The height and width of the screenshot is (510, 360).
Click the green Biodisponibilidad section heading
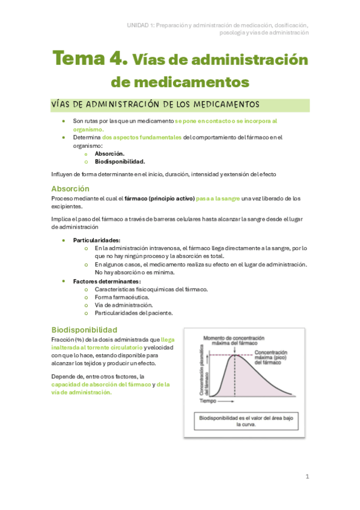tap(84, 330)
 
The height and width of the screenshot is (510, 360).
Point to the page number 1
tap(307, 476)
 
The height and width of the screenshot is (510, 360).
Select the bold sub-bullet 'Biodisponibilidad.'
tap(120, 161)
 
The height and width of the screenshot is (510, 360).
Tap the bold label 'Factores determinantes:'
tap(107, 281)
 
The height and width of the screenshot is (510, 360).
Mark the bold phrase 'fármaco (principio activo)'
tap(160, 198)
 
